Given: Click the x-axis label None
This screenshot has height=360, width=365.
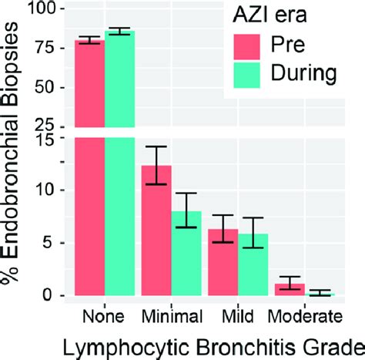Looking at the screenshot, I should [x=104, y=316].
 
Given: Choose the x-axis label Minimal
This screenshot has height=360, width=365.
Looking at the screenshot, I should [x=172, y=316].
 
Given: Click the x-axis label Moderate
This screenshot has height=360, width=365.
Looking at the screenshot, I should [x=304, y=316].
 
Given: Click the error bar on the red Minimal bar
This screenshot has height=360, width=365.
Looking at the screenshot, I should [x=157, y=165].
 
